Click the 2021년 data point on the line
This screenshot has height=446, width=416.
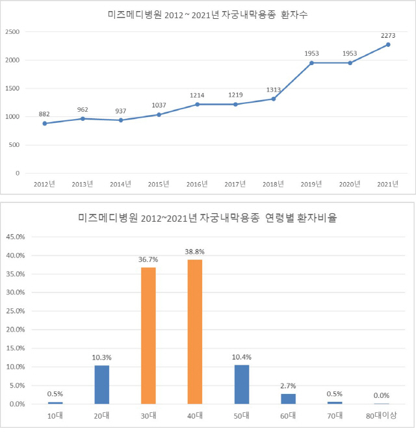point(388,45)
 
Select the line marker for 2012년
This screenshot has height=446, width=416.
point(45,124)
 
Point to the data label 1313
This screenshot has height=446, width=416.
point(274,90)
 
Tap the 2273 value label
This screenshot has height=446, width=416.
point(388,36)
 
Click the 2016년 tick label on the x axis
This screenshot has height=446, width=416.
point(197,184)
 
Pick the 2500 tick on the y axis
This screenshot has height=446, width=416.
point(12,32)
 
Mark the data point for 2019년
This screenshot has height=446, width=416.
point(311,63)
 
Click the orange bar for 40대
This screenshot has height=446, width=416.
point(195,332)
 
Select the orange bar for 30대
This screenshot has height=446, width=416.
point(148,335)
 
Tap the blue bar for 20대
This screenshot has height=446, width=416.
point(102,385)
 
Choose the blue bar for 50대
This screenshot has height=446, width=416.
point(242,385)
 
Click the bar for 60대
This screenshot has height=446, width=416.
point(289,399)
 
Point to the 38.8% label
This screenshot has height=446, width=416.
point(195,252)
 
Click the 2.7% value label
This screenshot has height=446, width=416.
point(289,386)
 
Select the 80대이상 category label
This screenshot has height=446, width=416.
point(382,415)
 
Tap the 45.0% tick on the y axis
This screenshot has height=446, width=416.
point(16,237)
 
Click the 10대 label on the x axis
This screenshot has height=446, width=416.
point(55,415)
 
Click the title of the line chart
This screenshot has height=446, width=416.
point(207,14)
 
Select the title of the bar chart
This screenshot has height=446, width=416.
point(207,218)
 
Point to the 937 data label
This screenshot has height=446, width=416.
point(121,111)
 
